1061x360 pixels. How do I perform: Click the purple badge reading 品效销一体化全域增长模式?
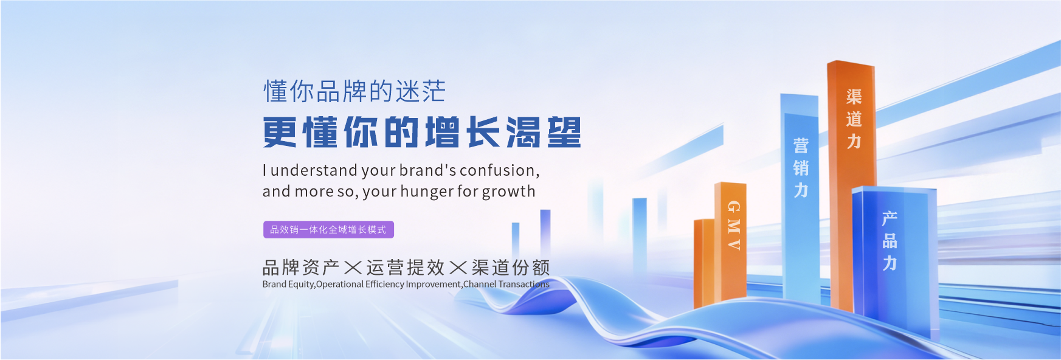(x=328, y=229)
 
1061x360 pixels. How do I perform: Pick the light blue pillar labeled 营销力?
(x=801, y=201)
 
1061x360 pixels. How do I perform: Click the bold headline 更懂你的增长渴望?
(x=422, y=133)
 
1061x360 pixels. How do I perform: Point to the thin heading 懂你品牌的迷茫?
(x=354, y=92)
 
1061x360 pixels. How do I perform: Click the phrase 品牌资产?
(x=300, y=268)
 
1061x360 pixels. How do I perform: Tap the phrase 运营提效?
(x=406, y=268)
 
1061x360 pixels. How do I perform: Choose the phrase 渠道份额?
(x=511, y=268)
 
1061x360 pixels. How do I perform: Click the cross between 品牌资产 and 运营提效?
(x=353, y=268)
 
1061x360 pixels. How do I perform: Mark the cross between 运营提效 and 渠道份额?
(x=458, y=268)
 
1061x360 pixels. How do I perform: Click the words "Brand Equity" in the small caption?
(x=288, y=284)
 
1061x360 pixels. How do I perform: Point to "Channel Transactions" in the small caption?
(x=506, y=284)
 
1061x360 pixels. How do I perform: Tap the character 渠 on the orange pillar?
(x=854, y=96)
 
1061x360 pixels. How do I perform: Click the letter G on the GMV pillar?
(x=734, y=207)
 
